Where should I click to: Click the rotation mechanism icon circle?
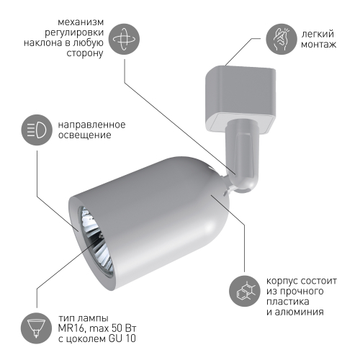(x=124, y=39)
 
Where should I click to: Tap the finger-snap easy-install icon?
(x=281, y=39)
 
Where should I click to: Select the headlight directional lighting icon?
(x=37, y=130)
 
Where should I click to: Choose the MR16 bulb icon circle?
(x=36, y=328)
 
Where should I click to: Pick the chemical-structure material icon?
(x=245, y=291)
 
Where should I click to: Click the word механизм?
(x=81, y=22)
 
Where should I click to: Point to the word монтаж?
(x=319, y=45)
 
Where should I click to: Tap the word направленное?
(x=92, y=125)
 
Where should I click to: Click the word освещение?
(x=85, y=135)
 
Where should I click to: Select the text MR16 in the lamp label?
(x=71, y=328)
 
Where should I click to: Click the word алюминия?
(x=299, y=312)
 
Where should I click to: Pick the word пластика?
(x=288, y=302)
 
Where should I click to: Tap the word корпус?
(x=282, y=282)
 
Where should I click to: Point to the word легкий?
(x=318, y=34)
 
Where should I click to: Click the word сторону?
(x=85, y=54)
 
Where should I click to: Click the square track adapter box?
(x=240, y=99)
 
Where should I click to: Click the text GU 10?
(x=122, y=338)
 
